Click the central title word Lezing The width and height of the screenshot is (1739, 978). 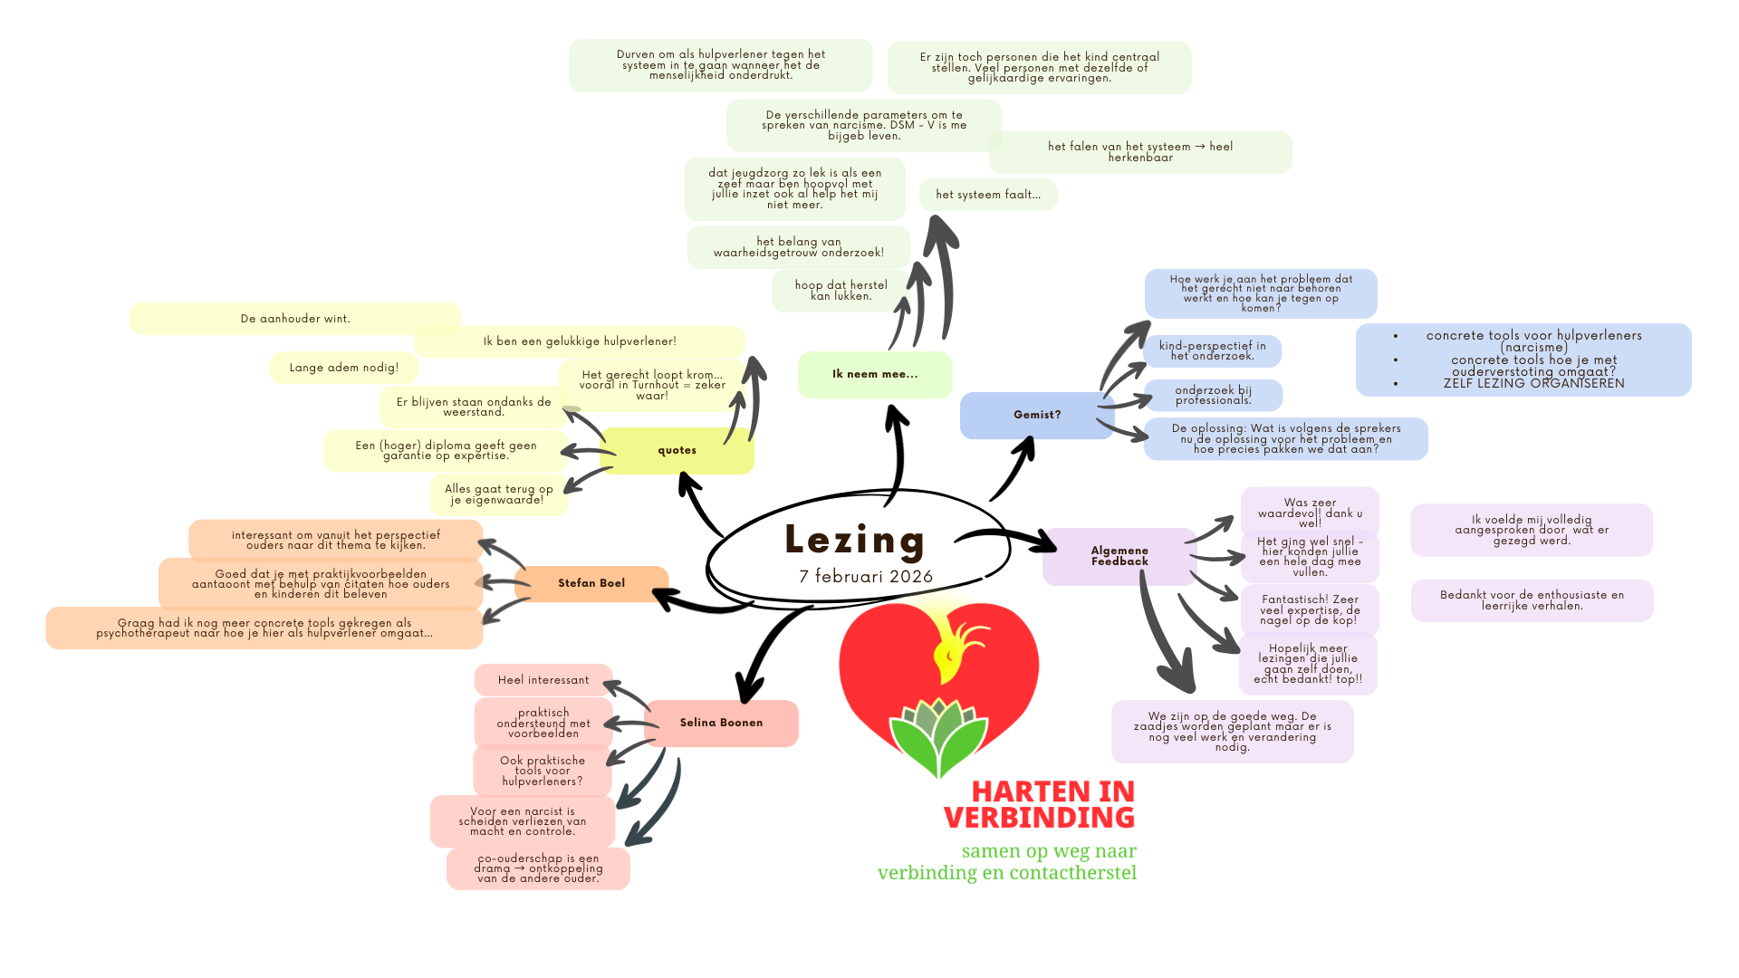tap(854, 541)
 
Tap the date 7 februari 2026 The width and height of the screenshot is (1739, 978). tap(865, 577)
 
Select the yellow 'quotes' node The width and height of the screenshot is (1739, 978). tap(677, 451)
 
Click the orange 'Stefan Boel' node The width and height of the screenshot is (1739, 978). tap(591, 583)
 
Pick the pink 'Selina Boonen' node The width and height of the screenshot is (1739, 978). tap(721, 723)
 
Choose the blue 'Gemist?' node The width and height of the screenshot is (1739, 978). tap(1036, 415)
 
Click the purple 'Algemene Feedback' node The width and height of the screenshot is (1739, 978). tap(1119, 556)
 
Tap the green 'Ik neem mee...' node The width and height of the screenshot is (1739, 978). tap(874, 374)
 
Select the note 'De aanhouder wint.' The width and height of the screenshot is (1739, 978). tap(295, 319)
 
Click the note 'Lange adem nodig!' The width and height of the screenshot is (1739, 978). tap(343, 368)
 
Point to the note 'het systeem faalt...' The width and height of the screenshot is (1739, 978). tap(988, 195)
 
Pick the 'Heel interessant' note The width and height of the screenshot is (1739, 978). tap(543, 680)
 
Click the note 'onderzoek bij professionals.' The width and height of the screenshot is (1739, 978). tap(1213, 396)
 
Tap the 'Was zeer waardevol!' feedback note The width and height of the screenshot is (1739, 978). tap(1310, 513)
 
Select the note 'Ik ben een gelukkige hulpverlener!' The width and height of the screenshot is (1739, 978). tap(580, 341)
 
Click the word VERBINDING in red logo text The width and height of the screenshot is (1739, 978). tap(1039, 818)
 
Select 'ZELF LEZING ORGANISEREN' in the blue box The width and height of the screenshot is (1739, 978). tap(1533, 383)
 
